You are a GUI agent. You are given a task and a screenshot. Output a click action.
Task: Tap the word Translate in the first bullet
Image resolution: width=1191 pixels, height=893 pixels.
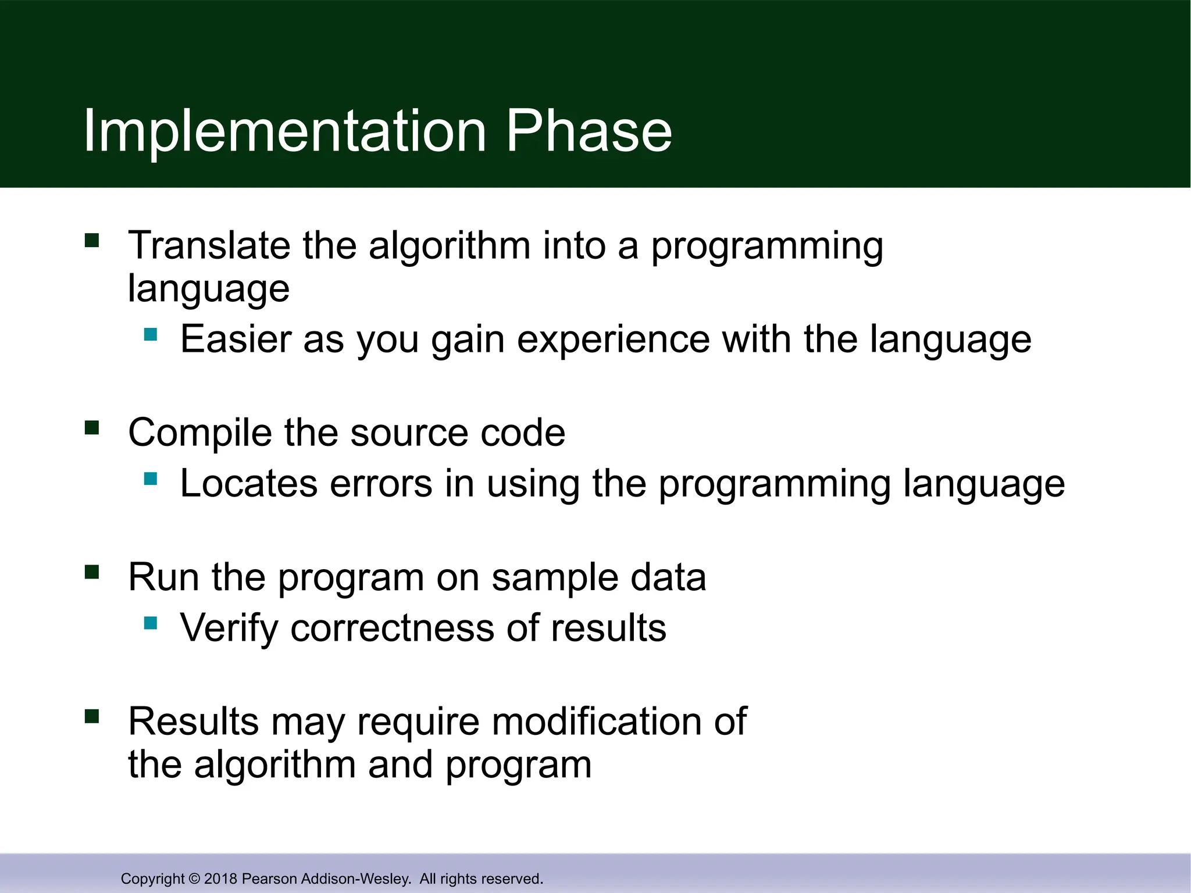[209, 245]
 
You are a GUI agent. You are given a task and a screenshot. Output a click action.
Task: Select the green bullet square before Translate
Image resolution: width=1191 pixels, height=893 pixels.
[92, 240]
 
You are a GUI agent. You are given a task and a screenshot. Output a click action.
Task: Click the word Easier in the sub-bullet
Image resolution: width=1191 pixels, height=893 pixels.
[236, 339]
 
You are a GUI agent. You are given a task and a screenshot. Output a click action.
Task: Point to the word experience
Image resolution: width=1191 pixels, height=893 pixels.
[614, 340]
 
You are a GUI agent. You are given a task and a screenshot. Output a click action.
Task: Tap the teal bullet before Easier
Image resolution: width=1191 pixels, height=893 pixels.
[151, 334]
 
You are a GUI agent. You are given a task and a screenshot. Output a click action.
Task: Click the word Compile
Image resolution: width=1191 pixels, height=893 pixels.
[199, 433]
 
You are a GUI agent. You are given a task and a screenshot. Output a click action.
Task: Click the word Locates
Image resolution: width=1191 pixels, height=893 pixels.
[248, 483]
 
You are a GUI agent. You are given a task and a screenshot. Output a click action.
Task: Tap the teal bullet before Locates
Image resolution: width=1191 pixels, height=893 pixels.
[151, 478]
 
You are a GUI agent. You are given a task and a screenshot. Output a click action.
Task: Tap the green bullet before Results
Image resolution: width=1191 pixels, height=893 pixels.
[92, 716]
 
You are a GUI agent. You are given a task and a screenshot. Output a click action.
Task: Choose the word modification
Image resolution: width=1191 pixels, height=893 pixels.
[597, 721]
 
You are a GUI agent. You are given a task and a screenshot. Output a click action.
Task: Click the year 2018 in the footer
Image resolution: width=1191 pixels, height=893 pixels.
[220, 878]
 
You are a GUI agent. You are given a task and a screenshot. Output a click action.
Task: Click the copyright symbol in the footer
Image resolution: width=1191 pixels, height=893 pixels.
[194, 878]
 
